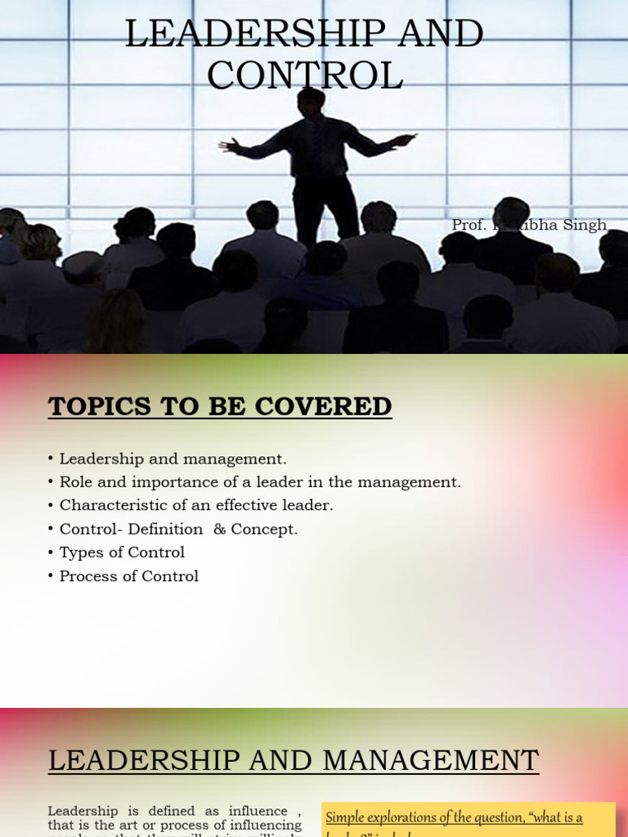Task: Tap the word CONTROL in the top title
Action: click(x=304, y=75)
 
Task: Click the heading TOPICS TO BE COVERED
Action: click(x=220, y=406)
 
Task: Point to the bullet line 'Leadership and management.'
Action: click(x=173, y=459)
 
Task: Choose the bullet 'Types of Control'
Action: click(x=122, y=553)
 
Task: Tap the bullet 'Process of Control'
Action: click(x=128, y=576)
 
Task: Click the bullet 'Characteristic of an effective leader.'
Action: click(x=196, y=506)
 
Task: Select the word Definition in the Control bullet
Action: click(x=163, y=529)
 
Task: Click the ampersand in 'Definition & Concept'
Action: click(x=218, y=529)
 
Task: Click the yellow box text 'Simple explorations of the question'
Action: click(x=424, y=817)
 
